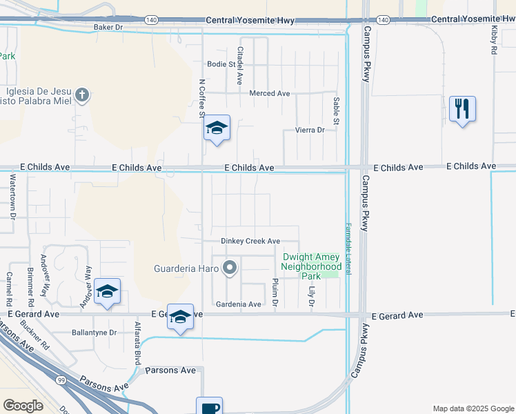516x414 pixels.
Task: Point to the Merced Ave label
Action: coord(270,93)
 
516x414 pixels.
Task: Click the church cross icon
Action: coord(81,95)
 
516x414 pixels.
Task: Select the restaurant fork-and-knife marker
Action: coord(462,109)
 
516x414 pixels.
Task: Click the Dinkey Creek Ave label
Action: coord(250,241)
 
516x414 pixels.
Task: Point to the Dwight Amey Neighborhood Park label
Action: coord(312,266)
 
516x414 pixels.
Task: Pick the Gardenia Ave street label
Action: coord(239,304)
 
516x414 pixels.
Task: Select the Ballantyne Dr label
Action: coord(95,332)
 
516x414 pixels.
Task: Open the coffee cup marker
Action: coord(208,407)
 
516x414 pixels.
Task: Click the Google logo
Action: coord(23,406)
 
